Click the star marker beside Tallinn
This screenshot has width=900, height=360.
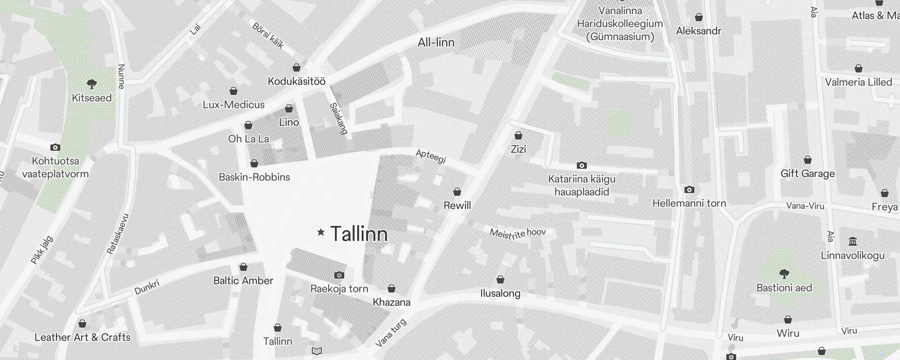pyautogui.click(x=321, y=232)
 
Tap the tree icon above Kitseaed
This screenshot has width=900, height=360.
pyautogui.click(x=92, y=84)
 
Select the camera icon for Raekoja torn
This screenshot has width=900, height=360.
pyautogui.click(x=339, y=275)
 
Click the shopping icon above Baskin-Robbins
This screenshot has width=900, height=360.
pyautogui.click(x=254, y=163)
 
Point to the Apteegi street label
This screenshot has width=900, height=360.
pyautogui.click(x=431, y=157)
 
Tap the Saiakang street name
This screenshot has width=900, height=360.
pyautogui.click(x=339, y=118)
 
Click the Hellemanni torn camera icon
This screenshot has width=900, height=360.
pyautogui.click(x=689, y=189)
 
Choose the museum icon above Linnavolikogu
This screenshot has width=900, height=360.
pyautogui.click(x=852, y=242)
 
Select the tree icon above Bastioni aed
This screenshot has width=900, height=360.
pyautogui.click(x=784, y=274)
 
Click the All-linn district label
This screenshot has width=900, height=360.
pyautogui.click(x=436, y=42)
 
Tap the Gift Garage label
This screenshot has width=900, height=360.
pyautogui.click(x=808, y=173)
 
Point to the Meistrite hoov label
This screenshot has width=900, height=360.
pyautogui.click(x=518, y=233)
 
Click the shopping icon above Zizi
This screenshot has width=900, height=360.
pyautogui.click(x=518, y=135)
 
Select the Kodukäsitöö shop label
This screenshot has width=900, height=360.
pyautogui.click(x=297, y=81)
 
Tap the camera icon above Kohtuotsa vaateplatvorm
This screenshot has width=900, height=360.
pyautogui.click(x=55, y=147)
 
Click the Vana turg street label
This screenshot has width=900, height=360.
pyautogui.click(x=391, y=333)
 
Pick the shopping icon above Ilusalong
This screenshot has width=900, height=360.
pyautogui.click(x=500, y=280)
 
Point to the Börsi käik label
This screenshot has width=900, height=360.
pyautogui.click(x=268, y=35)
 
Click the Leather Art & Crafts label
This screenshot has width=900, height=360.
pyautogui.click(x=82, y=337)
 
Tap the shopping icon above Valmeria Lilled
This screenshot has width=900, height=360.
pyautogui.click(x=859, y=69)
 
